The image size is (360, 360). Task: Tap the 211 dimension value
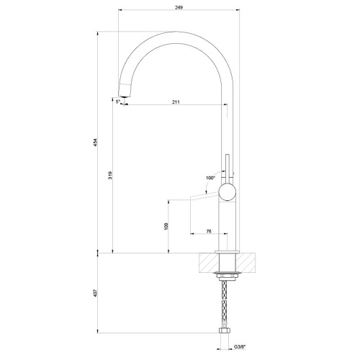[x=176, y=102]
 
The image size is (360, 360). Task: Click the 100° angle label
[x=210, y=176]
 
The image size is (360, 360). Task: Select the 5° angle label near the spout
[x=118, y=102]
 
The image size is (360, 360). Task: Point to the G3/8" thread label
[x=239, y=348]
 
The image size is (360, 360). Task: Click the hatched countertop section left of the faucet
[x=206, y=263]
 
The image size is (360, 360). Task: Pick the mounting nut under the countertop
[x=228, y=275]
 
